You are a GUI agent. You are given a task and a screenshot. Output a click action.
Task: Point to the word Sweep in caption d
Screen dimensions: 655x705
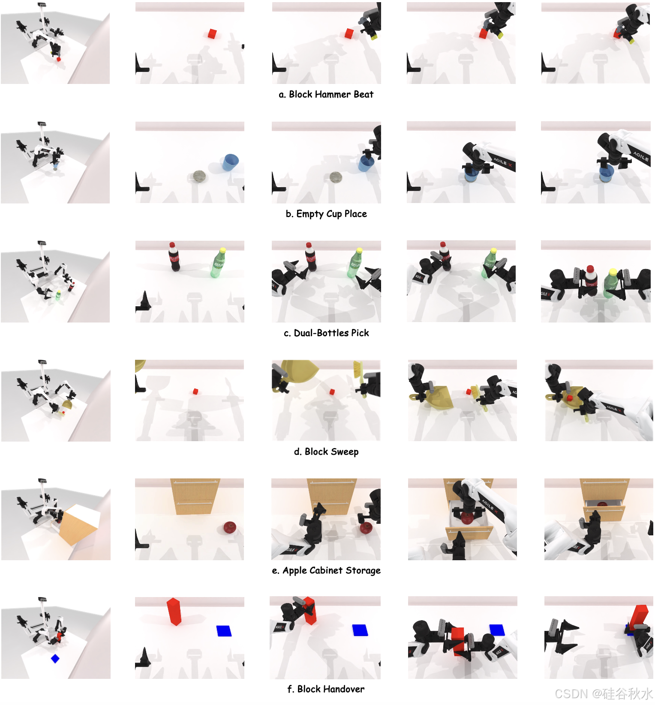[345, 452]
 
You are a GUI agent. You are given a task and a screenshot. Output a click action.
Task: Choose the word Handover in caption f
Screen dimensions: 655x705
[343, 689]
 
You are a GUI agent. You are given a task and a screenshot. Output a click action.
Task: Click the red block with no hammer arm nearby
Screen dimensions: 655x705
[212, 34]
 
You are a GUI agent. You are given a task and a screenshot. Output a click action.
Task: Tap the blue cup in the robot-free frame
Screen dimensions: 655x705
[230, 163]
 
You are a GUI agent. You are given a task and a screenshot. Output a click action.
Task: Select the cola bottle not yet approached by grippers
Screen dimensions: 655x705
[174, 257]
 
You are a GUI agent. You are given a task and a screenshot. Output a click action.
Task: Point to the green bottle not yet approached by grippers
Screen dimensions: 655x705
[218, 263]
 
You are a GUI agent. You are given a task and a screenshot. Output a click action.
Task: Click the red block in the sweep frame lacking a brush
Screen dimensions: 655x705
[195, 391]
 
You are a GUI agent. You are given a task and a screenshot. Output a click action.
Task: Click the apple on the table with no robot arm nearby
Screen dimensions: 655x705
[230, 528]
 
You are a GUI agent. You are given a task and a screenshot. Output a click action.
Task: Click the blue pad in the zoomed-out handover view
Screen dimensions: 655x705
[55, 659]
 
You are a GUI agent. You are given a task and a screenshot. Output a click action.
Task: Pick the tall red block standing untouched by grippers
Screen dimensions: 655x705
[174, 612]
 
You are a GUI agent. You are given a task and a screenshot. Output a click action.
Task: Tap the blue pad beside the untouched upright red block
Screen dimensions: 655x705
[224, 631]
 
